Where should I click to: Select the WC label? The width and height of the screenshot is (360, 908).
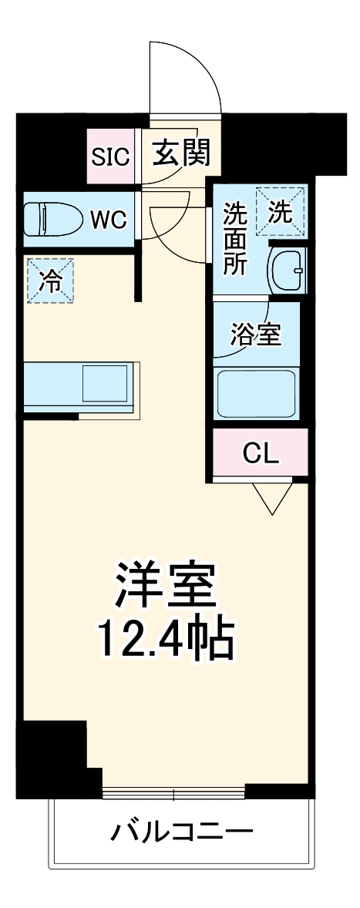pyautogui.click(x=108, y=219)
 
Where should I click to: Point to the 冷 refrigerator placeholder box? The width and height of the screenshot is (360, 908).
pyautogui.click(x=51, y=281)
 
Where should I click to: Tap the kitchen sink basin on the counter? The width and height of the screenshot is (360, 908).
pyautogui.click(x=104, y=382)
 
